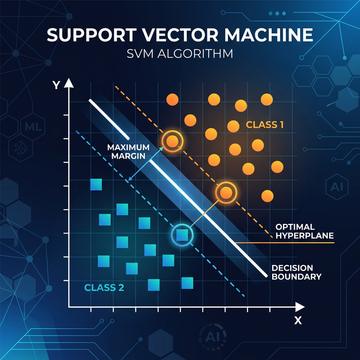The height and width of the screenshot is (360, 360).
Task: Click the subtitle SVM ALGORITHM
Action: [179, 56]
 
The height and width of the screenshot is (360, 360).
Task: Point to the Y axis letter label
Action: [56, 85]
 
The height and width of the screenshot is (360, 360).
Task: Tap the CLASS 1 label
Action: [264, 124]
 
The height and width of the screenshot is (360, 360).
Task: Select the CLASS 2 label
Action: [103, 287]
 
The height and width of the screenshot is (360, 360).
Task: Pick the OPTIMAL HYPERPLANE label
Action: [304, 231]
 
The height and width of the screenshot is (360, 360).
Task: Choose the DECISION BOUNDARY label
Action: [296, 272]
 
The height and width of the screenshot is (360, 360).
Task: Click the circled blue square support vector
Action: [182, 235]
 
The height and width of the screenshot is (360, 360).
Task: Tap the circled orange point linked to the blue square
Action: [226, 193]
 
